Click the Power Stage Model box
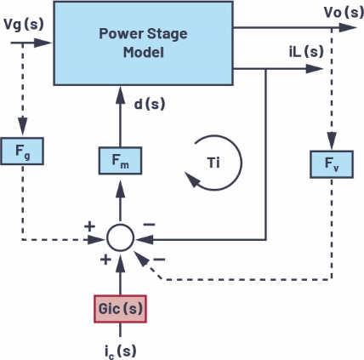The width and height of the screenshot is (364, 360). (144, 43)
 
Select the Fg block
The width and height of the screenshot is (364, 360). (22, 151)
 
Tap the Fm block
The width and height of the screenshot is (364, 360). (120, 161)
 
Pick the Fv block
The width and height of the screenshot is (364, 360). (332, 164)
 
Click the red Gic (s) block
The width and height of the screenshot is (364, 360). (120, 309)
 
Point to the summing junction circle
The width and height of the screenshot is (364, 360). (120, 237)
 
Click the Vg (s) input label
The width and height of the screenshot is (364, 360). (24, 25)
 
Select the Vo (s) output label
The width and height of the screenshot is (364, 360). (344, 12)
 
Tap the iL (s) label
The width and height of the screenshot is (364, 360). (306, 52)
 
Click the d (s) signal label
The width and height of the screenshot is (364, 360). (150, 104)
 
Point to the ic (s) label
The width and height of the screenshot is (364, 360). (120, 351)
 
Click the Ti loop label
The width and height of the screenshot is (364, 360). (213, 163)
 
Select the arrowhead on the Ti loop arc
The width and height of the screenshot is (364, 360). (192, 180)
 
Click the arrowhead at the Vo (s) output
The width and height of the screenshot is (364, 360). (348, 27)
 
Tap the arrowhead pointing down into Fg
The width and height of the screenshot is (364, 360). (22, 125)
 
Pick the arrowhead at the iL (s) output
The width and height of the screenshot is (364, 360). (314, 69)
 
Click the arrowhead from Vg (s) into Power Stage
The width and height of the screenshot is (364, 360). (43, 43)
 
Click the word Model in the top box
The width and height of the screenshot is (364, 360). (144, 53)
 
